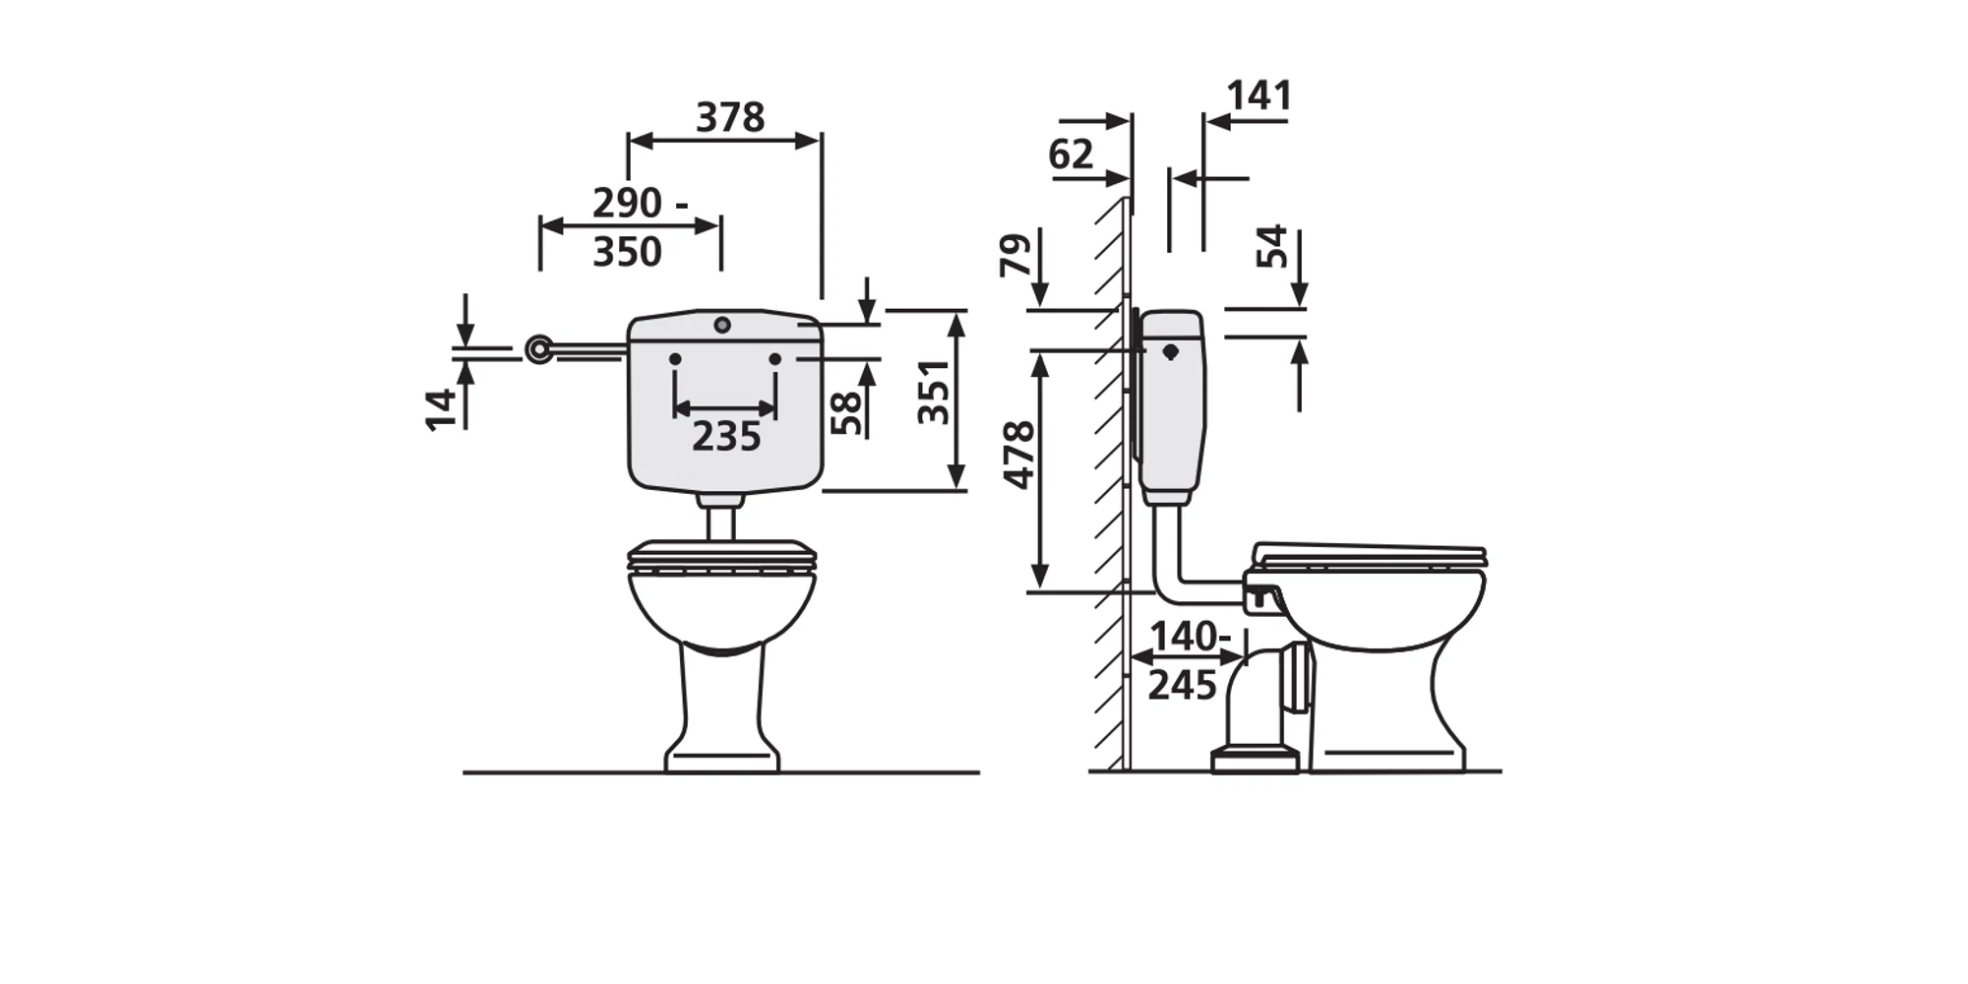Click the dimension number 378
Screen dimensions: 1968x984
[730, 118]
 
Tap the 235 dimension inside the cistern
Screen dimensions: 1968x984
[726, 437]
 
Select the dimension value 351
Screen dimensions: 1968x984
[933, 392]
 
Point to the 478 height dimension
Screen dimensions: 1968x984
[1019, 455]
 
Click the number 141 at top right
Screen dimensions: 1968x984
[1259, 95]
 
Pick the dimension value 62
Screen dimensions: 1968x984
[1071, 154]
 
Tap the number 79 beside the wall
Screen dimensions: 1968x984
[1015, 255]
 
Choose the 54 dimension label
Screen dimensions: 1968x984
[1271, 246]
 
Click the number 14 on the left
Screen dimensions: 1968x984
[441, 409]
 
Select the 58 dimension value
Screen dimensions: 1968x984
[845, 413]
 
